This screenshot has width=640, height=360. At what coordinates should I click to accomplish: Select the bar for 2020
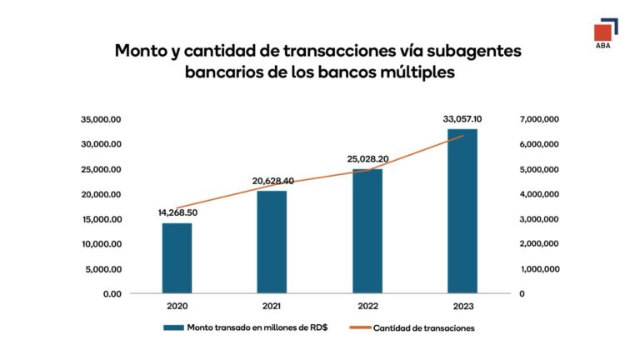point(177,258)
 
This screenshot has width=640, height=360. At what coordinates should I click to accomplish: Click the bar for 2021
point(272,242)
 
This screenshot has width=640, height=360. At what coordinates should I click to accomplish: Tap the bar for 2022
point(367,231)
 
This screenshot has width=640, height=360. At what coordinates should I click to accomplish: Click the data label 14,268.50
point(177,212)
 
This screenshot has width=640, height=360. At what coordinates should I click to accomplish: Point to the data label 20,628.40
point(272,181)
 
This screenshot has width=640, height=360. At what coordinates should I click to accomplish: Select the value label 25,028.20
point(367,158)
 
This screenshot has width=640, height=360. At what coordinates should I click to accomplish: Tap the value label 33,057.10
point(462,119)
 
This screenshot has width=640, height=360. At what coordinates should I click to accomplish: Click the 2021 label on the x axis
point(272,307)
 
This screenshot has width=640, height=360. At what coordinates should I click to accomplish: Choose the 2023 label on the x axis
point(462,307)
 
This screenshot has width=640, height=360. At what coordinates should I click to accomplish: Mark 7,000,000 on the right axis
point(540,119)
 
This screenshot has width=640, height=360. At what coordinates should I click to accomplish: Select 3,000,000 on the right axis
point(540,219)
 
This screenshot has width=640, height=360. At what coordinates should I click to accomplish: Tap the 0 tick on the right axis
point(521,294)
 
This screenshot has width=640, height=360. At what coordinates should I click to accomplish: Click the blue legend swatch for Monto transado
point(173,327)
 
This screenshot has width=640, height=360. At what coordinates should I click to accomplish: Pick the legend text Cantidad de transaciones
point(424,327)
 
